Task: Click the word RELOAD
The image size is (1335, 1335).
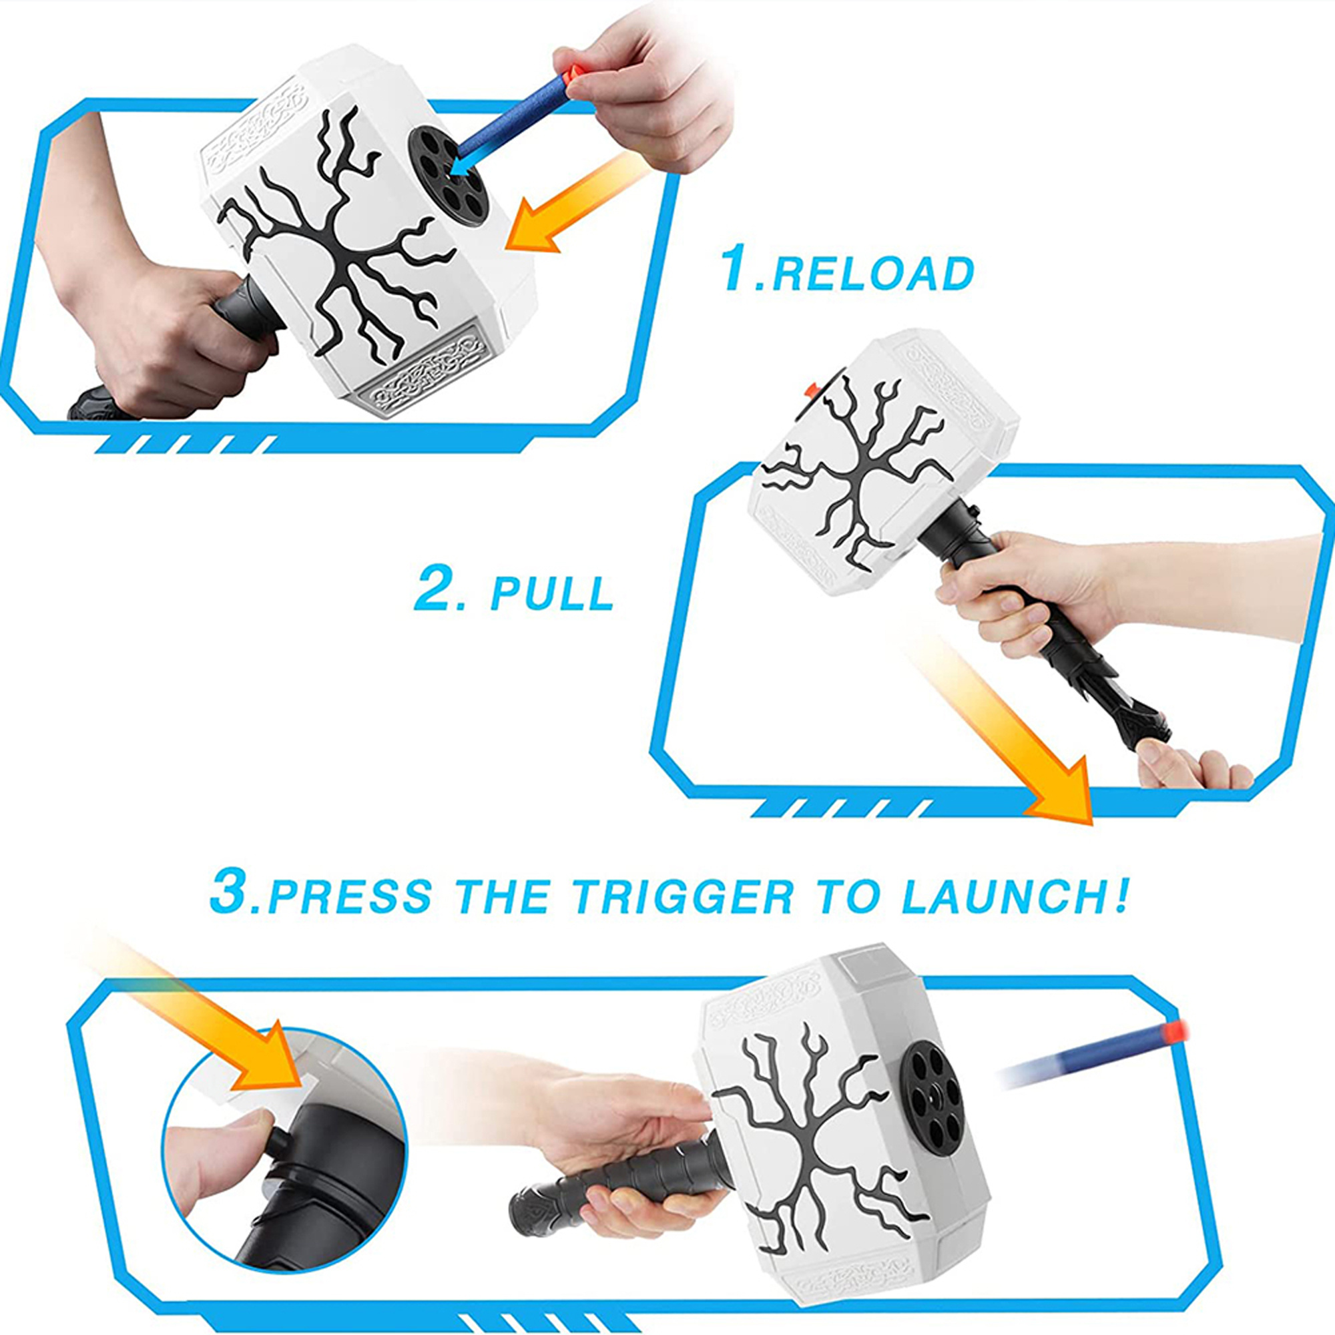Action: click(872, 274)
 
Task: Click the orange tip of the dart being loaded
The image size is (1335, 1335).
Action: click(571, 74)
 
